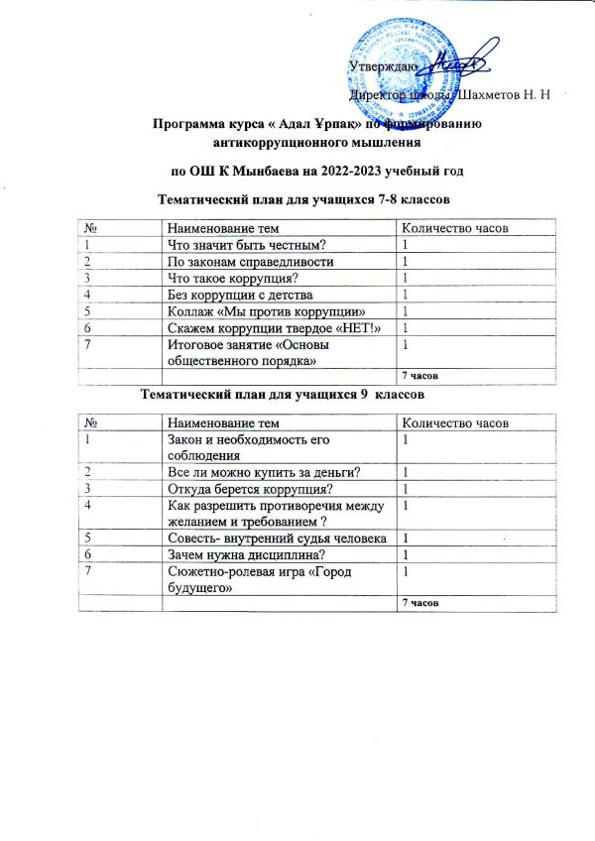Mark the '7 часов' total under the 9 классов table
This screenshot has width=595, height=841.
tap(417, 603)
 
